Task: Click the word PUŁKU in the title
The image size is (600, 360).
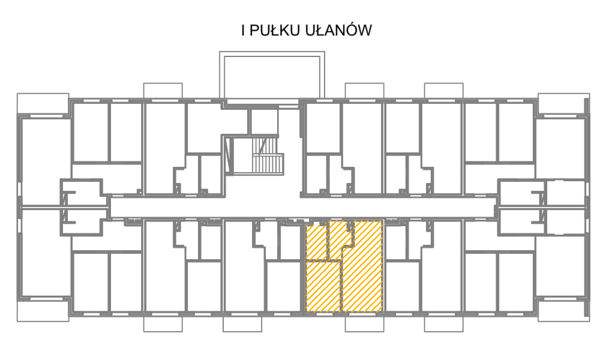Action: point(274,31)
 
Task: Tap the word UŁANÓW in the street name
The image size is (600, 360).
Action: point(338,30)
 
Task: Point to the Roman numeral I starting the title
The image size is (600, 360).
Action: point(244,31)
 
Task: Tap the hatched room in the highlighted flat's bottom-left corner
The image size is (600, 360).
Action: point(323,287)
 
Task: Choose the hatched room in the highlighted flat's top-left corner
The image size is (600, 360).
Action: point(316,241)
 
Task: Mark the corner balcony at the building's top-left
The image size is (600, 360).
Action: point(43,104)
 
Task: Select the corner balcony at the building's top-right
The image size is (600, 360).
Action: point(563,104)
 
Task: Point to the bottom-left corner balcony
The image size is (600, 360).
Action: point(43,310)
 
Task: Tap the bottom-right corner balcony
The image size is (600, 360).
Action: point(563,310)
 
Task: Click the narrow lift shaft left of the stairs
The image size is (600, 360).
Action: point(229,155)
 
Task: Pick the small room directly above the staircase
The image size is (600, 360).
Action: point(264,122)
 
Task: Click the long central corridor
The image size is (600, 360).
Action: point(302,208)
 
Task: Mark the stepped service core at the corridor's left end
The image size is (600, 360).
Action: point(82,207)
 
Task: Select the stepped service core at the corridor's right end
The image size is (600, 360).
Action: point(521,207)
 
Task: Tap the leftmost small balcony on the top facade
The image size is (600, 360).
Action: point(163,91)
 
